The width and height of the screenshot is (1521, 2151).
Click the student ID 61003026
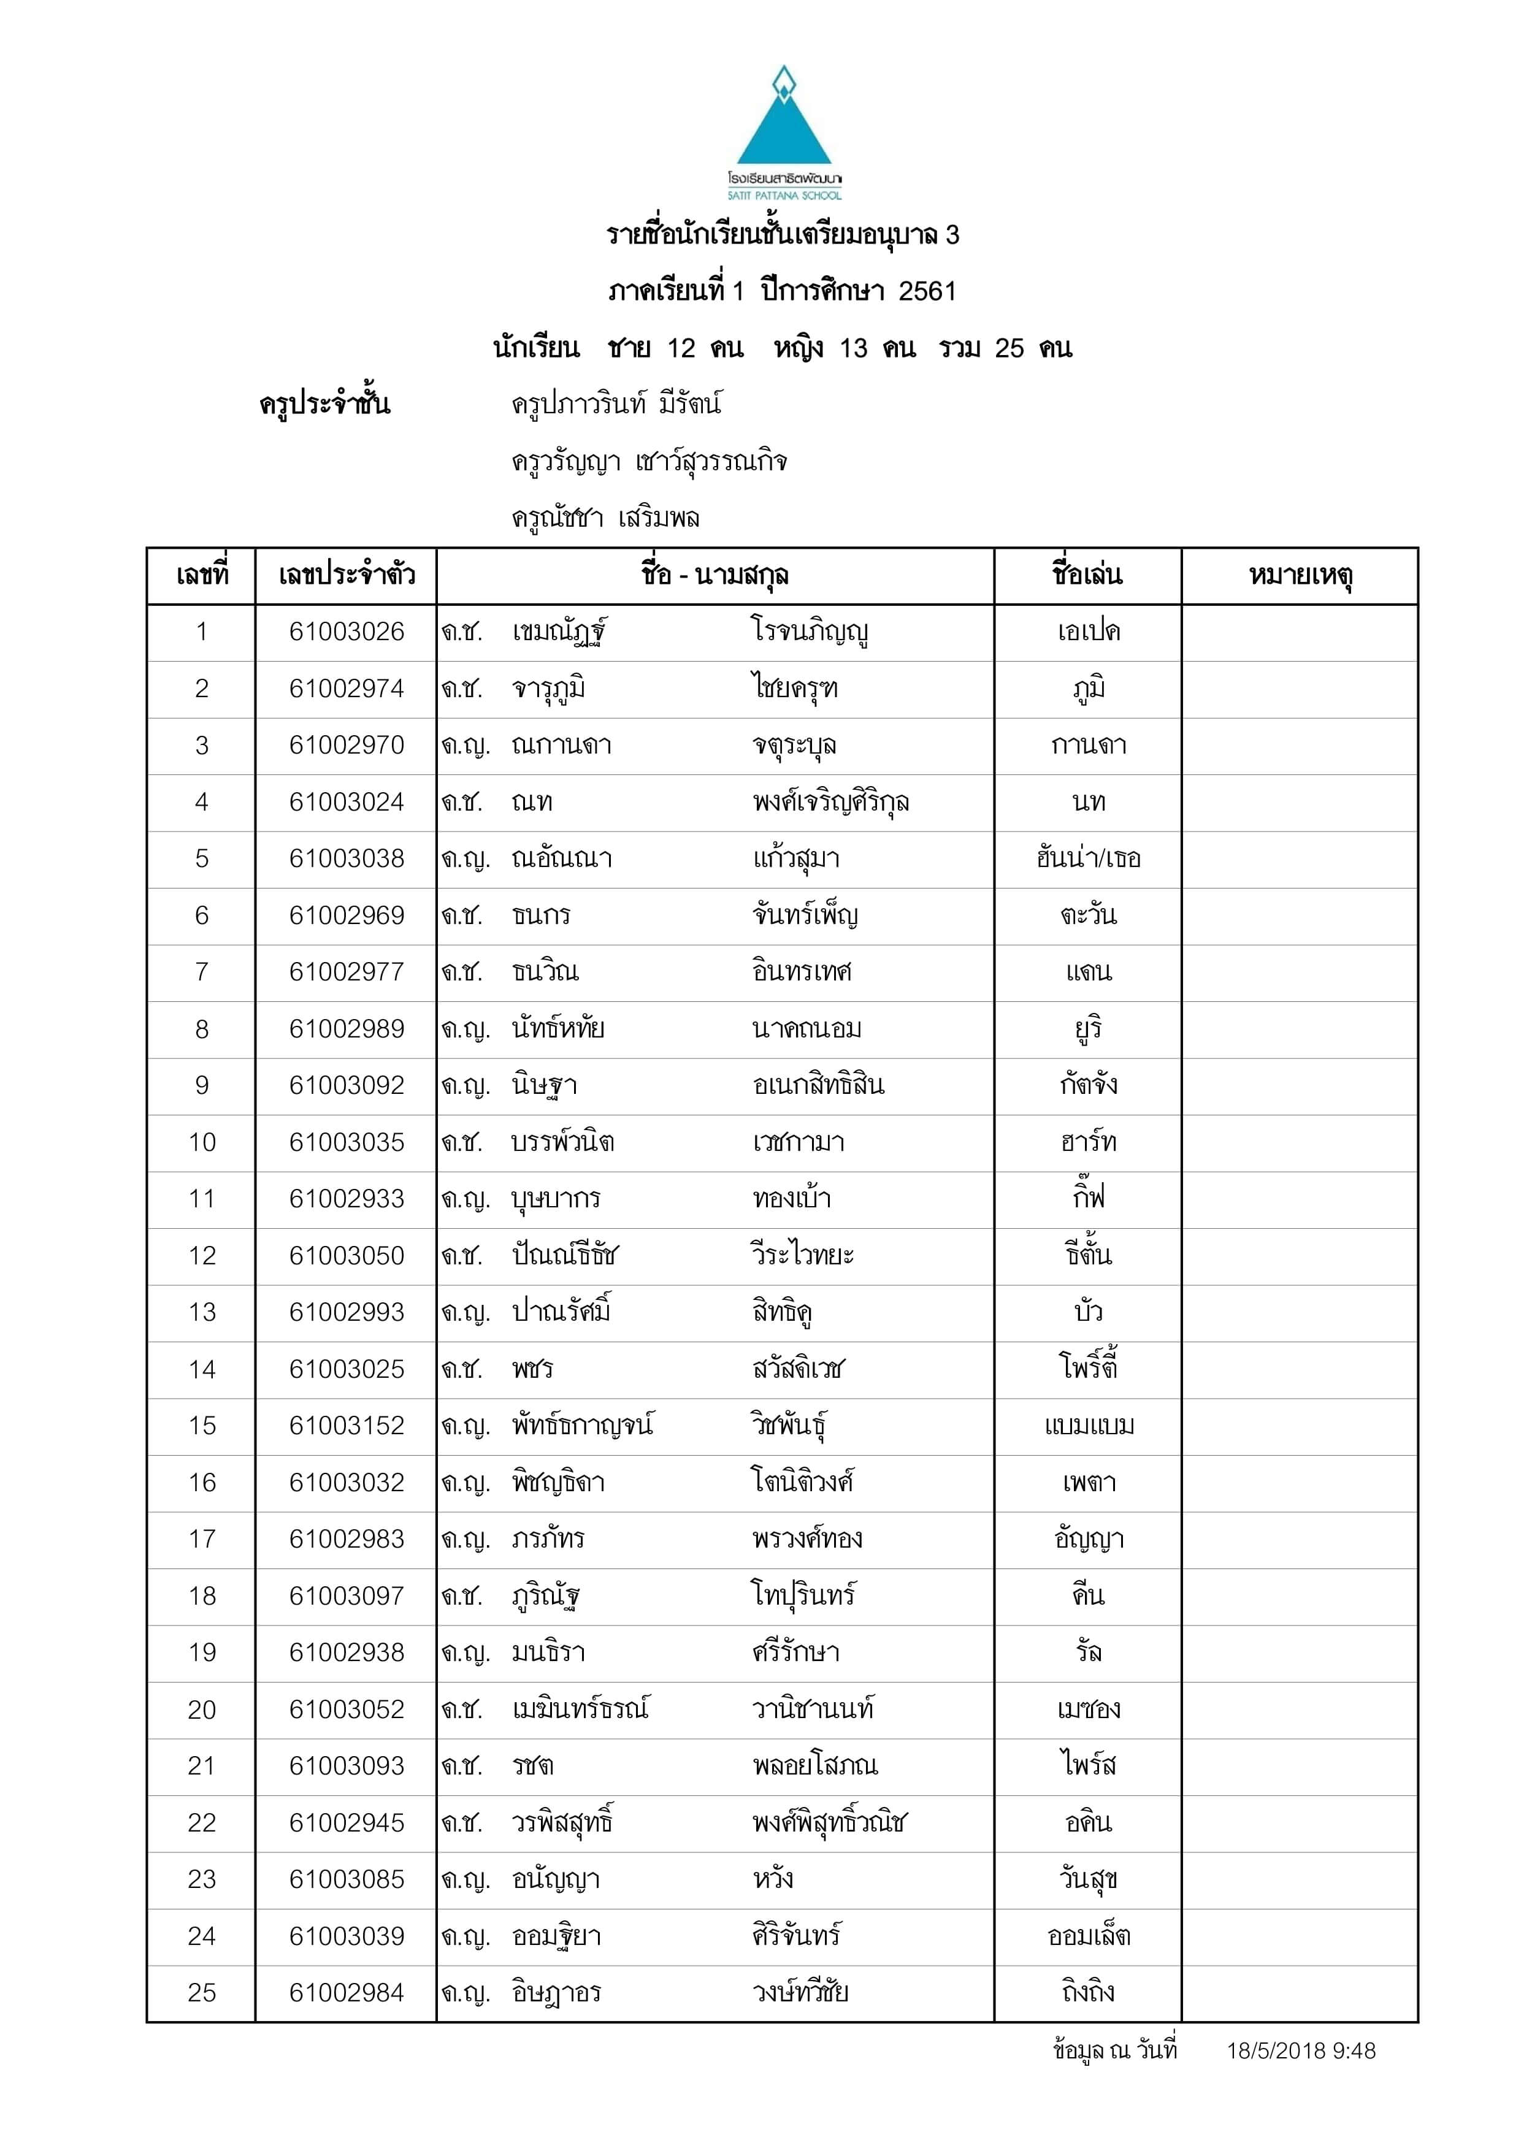(x=346, y=632)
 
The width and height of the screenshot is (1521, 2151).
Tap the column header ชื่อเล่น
(x=1087, y=575)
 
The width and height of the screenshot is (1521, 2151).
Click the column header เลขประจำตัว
(x=346, y=575)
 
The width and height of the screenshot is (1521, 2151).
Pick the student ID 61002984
(x=346, y=1993)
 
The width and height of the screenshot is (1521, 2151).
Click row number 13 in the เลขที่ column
(x=202, y=1313)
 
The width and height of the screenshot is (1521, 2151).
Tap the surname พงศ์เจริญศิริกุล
(x=830, y=803)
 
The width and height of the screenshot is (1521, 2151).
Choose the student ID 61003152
(x=346, y=1426)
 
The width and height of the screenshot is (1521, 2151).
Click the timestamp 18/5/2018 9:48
(x=1301, y=2051)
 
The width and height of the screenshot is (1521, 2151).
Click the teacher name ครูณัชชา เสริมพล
(x=605, y=518)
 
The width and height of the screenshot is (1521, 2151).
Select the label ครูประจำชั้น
(x=324, y=405)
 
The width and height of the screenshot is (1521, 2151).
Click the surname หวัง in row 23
(x=773, y=1879)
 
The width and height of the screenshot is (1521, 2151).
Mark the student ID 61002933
(x=346, y=1199)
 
